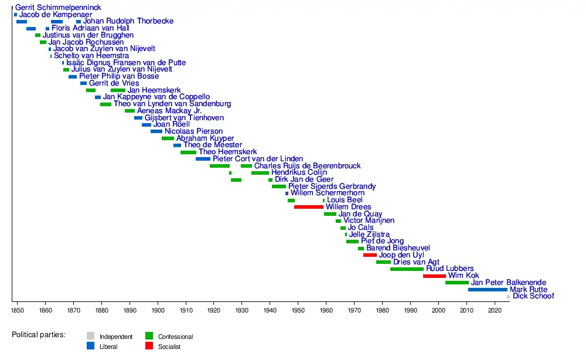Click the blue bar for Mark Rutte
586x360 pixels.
click(x=488, y=290)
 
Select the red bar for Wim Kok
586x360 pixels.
click(x=434, y=276)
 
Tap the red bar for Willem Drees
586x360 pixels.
click(x=309, y=207)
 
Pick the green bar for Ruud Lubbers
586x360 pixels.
click(x=407, y=269)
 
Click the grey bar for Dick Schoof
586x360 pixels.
click(x=509, y=297)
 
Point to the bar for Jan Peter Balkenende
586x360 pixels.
click(x=457, y=283)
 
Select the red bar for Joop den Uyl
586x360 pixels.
click(x=370, y=255)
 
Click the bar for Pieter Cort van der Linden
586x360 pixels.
click(x=203, y=159)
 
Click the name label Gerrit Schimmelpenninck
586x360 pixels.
click(x=58, y=8)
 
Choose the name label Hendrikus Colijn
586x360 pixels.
click(x=299, y=172)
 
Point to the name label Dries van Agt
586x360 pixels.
click(x=416, y=262)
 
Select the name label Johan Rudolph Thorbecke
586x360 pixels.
click(x=128, y=21)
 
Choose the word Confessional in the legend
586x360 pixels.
click(x=175, y=337)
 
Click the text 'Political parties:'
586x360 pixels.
click(x=39, y=335)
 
